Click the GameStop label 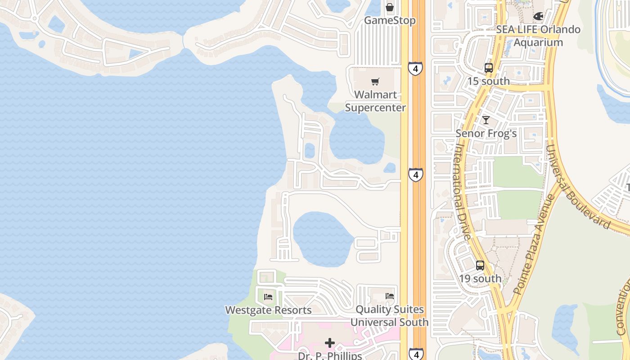click(390, 21)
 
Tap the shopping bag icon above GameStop click(390, 7)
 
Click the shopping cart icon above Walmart click(375, 81)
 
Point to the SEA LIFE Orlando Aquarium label click(538, 36)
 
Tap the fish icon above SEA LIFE click(538, 16)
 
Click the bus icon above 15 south click(489, 68)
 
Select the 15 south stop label click(489, 81)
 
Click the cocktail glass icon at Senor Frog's click(486, 120)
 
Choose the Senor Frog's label click(486, 134)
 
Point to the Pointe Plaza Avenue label click(535, 245)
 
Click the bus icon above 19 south click(480, 265)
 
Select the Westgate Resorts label click(268, 310)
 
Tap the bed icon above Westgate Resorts click(268, 297)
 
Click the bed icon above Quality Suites click(390, 296)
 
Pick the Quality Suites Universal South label click(390, 316)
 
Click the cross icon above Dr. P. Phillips click(330, 343)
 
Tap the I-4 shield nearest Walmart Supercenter click(415, 69)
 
